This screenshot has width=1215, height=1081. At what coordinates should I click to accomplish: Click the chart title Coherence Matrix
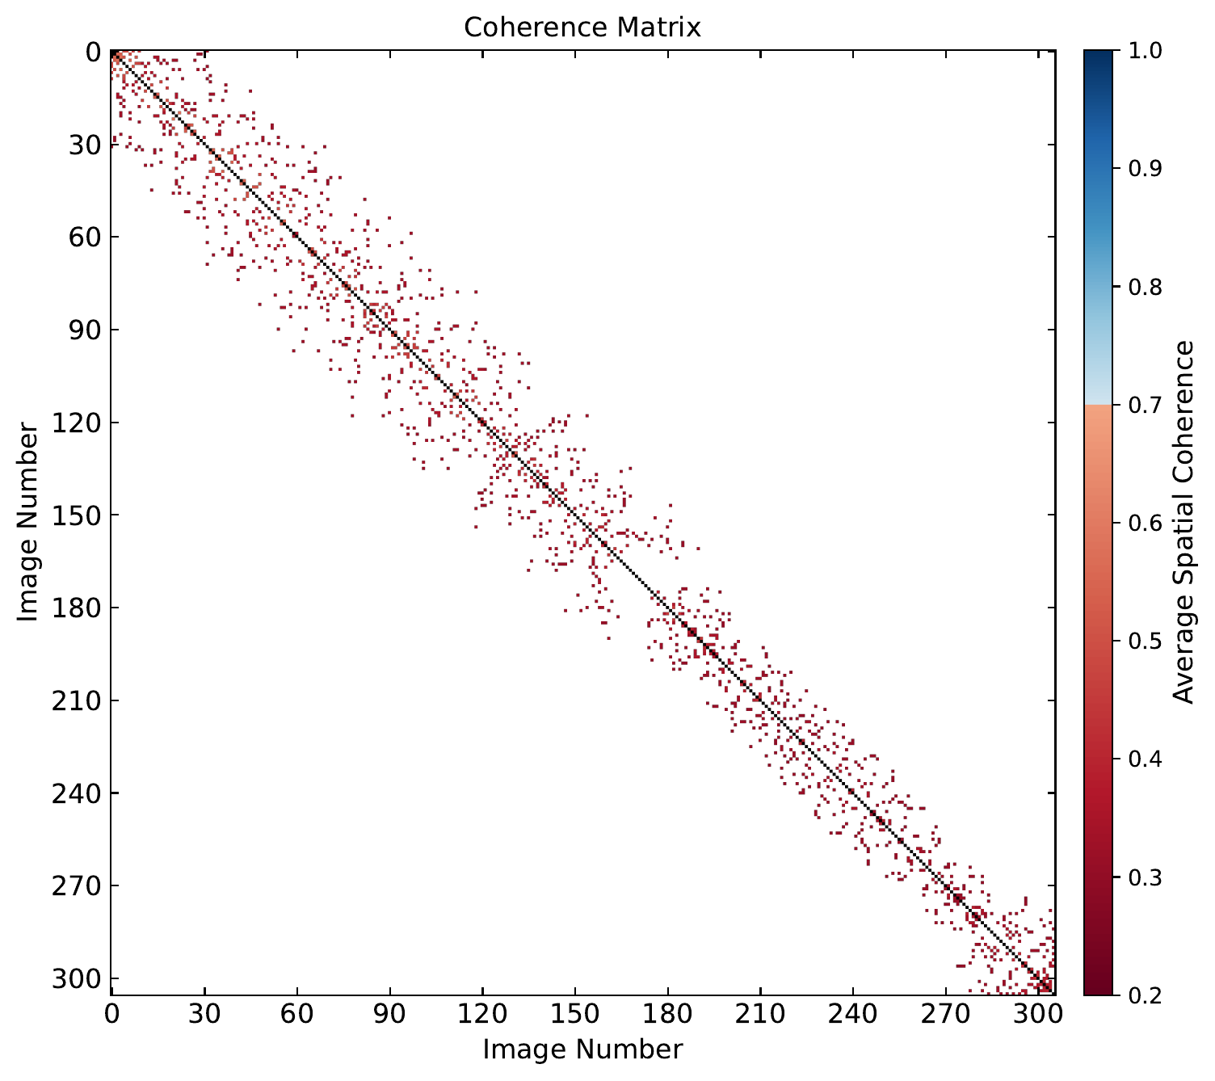(x=582, y=27)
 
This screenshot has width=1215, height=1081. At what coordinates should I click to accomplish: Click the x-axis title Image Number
(x=582, y=1049)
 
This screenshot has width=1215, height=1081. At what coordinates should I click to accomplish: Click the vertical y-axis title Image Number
(x=28, y=522)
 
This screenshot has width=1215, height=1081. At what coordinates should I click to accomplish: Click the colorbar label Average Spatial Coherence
(x=1183, y=522)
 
